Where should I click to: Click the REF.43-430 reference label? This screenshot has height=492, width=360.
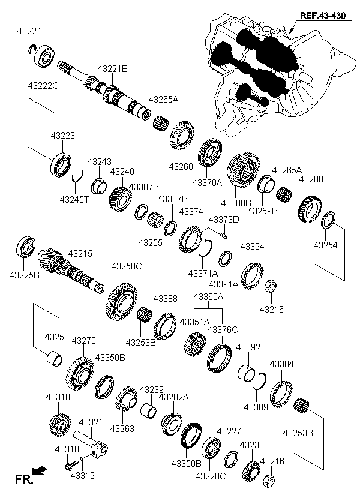pos(322,16)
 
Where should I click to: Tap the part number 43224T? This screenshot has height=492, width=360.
pos(32,31)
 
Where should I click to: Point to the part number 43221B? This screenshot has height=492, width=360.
pos(112,69)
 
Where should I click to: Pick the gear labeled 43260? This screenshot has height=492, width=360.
pos(182,136)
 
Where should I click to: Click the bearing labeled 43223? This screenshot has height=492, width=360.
pos(61,164)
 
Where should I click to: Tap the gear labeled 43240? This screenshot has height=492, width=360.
pos(120,199)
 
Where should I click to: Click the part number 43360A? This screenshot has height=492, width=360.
pos(208,296)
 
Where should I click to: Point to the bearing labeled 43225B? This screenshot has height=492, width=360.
pos(25,247)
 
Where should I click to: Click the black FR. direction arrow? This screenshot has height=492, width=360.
pos(40,470)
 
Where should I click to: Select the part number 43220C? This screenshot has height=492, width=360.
pos(210,476)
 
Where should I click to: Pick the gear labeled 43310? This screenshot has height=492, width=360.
pos(60,425)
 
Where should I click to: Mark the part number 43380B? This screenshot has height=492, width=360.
pos(236,203)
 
